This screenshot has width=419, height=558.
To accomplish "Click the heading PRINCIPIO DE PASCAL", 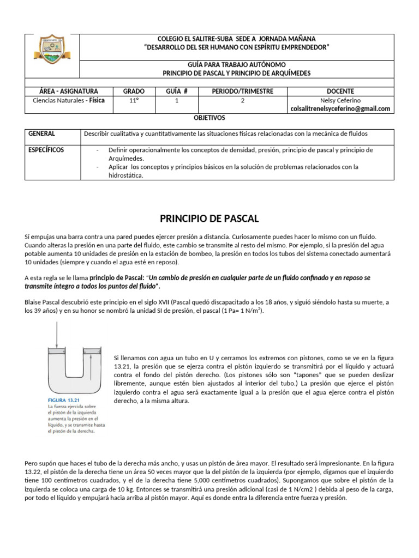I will (209, 219).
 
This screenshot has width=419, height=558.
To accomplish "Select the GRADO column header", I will (134, 91).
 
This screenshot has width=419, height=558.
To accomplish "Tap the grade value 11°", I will (134, 101).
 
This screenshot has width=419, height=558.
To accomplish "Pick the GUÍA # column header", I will (177, 91).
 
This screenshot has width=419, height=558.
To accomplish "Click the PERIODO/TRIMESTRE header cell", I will (242, 91).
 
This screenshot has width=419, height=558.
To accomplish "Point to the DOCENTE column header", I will (340, 91).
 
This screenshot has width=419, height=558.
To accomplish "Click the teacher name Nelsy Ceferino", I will (340, 101).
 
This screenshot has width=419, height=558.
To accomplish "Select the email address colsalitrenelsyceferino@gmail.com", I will (340, 109).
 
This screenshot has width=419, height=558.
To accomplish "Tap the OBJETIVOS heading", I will (209, 118).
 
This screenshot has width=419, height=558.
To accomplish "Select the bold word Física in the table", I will (97, 101).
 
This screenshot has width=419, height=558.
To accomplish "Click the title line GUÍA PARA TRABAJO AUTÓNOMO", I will (236, 64).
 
